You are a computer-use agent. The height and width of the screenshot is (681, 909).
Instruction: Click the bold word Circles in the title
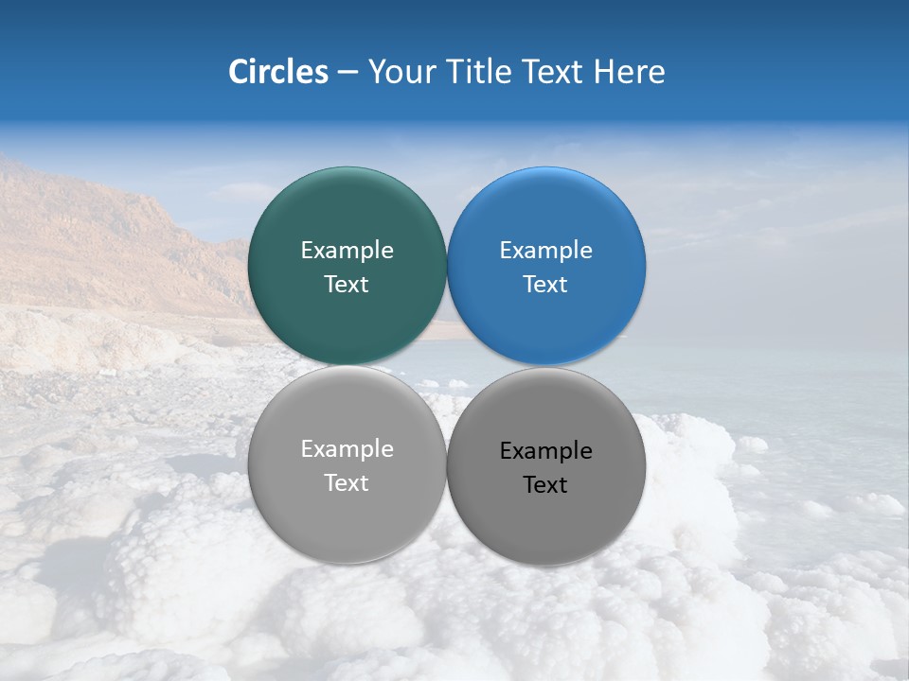pyautogui.click(x=277, y=72)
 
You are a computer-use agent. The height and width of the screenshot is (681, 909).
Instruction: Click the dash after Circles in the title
pyautogui.click(x=347, y=73)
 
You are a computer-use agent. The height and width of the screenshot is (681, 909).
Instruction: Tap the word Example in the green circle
pyautogui.click(x=347, y=251)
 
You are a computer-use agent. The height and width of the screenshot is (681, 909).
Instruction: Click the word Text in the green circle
pyautogui.click(x=347, y=285)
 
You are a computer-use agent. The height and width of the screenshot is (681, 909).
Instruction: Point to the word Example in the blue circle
pyautogui.click(x=546, y=251)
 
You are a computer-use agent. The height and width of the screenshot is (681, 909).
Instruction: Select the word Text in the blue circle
pyautogui.click(x=546, y=285)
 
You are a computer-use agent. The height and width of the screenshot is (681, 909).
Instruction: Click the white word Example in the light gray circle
pyautogui.click(x=347, y=449)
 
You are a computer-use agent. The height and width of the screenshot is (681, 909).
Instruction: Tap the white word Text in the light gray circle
pyautogui.click(x=347, y=483)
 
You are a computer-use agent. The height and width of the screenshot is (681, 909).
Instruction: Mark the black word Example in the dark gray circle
pyautogui.click(x=546, y=451)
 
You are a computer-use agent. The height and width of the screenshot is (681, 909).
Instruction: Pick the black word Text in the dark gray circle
pyautogui.click(x=546, y=485)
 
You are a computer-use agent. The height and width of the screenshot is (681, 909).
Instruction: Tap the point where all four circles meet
pyautogui.click(x=447, y=365)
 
